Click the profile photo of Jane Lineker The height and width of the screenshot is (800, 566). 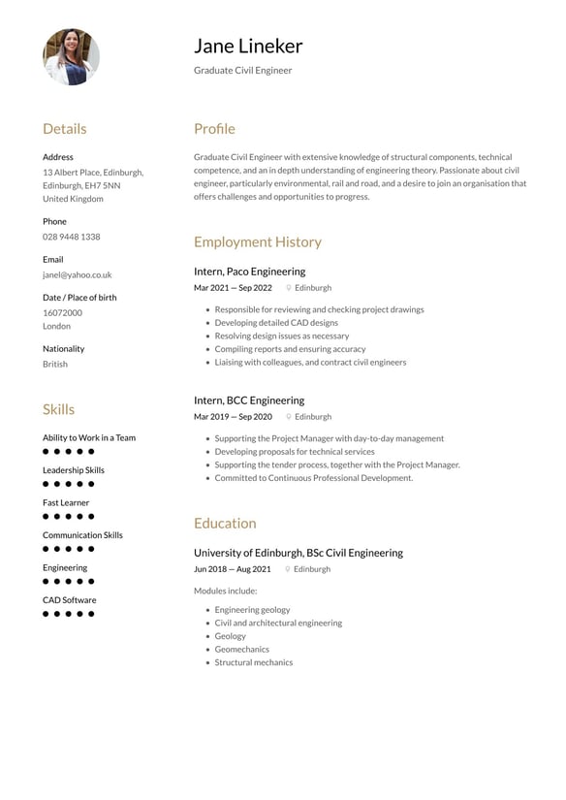pos(71,56)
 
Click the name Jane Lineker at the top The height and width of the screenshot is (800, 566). pos(248,46)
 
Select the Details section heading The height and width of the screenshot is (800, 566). pos(64,129)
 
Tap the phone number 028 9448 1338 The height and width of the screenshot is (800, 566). pos(71,237)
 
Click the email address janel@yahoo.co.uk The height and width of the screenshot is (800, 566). pos(77,274)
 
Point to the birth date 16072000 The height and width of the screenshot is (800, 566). pos(62,312)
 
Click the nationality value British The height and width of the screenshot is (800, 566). pos(55,364)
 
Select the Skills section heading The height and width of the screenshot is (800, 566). pos(58,409)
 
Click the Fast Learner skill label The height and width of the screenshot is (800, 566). pos(66,502)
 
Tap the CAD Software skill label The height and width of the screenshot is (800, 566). pos(69,599)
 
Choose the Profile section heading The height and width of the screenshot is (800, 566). pos(214,129)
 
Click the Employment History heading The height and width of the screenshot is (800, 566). pos(257,241)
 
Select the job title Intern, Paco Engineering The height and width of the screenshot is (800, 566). pos(249,272)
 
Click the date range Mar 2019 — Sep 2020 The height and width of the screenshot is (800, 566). pos(233,416)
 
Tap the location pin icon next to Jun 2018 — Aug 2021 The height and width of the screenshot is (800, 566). pos(288,569)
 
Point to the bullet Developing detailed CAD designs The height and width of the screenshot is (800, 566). pos(276,323)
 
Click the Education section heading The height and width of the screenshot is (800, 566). pos(225,523)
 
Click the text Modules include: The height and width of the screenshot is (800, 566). pos(225,591)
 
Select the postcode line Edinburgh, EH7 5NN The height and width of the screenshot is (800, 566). pos(81,185)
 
